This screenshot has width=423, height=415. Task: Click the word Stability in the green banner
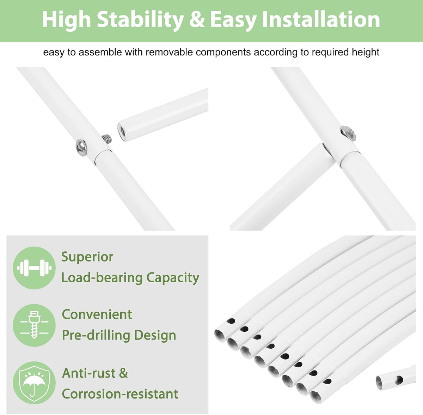(140, 20)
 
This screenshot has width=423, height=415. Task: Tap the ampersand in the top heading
(196, 19)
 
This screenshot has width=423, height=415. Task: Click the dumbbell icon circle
(34, 268)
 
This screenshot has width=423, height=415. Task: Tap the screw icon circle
(34, 325)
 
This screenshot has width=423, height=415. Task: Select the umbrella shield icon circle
(34, 383)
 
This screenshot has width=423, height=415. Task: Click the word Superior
(87, 257)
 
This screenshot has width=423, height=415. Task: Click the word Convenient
(97, 314)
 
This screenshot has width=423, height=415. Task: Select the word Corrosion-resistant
(120, 394)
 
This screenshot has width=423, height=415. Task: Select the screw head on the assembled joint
(348, 133)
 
